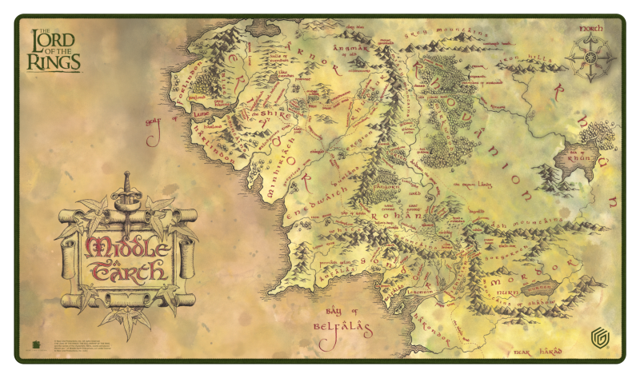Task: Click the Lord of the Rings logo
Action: click(54, 50)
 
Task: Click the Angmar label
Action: click(354, 53)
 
